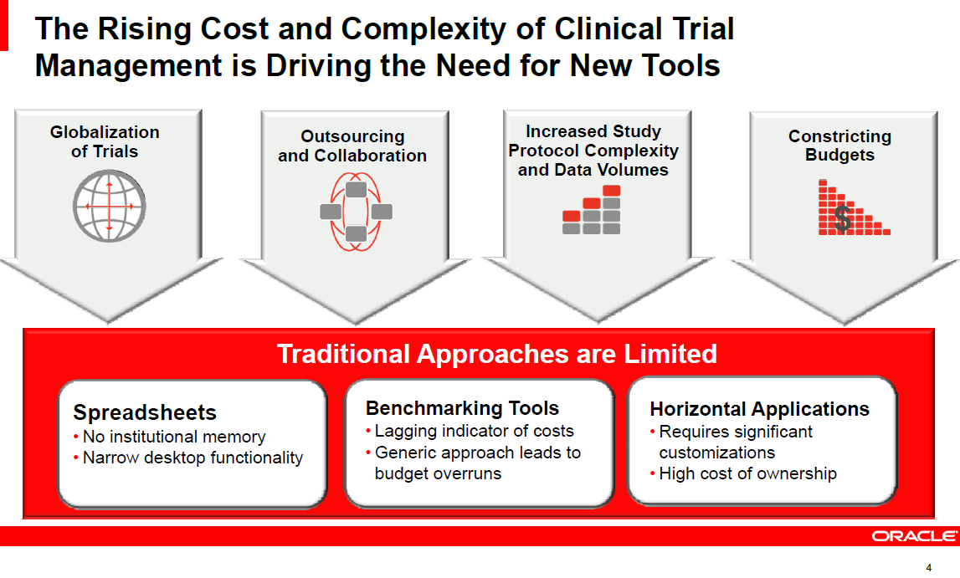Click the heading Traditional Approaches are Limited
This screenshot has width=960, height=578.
tap(496, 354)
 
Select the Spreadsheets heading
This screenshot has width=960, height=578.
tap(145, 412)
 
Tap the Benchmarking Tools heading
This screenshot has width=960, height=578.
tap(462, 408)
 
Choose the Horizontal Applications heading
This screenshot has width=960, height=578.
tap(759, 409)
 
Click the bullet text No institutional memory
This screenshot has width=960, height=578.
tap(174, 437)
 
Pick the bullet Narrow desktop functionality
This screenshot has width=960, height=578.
tap(193, 458)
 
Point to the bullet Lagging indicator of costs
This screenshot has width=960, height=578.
tap(474, 431)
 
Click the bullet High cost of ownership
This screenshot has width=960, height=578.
tap(747, 473)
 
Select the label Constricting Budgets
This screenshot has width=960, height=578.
tap(839, 146)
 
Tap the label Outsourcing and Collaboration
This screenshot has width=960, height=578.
tap(352, 146)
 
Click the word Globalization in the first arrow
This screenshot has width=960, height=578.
tap(105, 131)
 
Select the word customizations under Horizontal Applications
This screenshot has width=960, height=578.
tap(716, 453)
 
